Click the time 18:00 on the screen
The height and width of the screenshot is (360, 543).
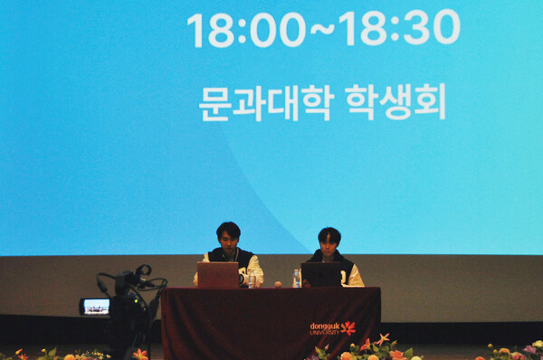coord(246,29)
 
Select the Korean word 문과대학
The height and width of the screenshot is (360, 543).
coord(266,103)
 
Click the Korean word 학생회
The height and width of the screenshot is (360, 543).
coord(395,102)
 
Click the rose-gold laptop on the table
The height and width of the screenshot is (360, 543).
coord(218,274)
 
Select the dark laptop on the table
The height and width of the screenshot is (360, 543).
coord(321,274)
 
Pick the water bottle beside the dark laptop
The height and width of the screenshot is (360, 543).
coord(296,278)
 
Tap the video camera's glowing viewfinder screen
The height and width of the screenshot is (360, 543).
coord(95,307)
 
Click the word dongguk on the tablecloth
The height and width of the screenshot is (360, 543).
coord(324,326)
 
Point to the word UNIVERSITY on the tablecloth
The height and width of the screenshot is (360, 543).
coord(324,333)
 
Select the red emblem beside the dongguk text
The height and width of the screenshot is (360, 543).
coord(348,327)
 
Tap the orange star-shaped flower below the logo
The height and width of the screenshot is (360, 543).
coord(384,339)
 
